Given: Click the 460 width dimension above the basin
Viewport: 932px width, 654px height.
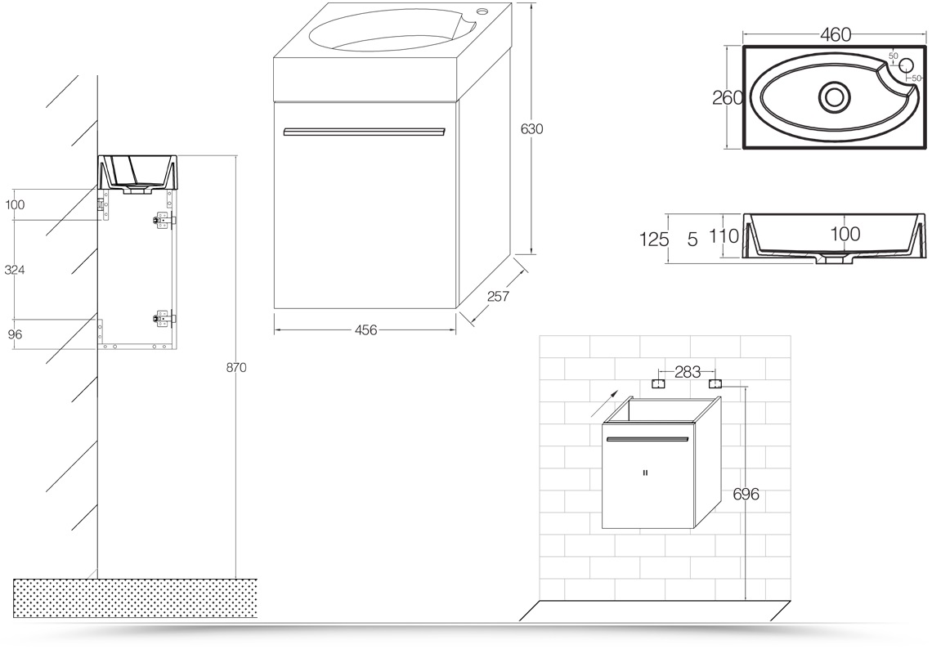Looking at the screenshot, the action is [836, 35].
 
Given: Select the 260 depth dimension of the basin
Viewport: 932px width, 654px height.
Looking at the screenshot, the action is [728, 97].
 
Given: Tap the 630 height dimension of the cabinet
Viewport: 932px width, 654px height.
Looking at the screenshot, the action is [532, 129].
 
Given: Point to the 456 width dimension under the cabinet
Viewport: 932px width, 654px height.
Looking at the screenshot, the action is [365, 330].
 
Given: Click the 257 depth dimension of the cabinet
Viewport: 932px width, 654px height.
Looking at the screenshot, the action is [498, 295].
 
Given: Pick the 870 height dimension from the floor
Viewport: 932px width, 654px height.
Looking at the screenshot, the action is [236, 367].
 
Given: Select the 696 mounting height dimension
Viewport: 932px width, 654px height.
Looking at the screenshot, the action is [746, 494].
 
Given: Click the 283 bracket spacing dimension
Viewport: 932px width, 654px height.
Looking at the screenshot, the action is [688, 372].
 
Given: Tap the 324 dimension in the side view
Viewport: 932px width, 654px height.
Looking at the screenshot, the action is [14, 270].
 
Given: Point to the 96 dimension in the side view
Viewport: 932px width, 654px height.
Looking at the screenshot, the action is [15, 334].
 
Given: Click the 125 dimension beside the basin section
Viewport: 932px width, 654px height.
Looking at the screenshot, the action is [654, 240].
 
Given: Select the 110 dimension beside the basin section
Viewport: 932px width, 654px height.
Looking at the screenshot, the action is [724, 236].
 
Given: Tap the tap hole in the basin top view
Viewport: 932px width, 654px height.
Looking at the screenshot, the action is [907, 65].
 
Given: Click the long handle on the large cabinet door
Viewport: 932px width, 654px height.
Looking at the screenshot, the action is [365, 131].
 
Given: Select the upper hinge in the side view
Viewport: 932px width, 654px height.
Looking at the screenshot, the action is [164, 220].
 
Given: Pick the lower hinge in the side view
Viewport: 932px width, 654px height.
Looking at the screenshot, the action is [164, 319].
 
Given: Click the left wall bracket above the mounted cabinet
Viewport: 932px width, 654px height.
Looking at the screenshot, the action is [658, 383].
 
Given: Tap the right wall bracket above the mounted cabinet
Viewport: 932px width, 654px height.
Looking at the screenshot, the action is [715, 383].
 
